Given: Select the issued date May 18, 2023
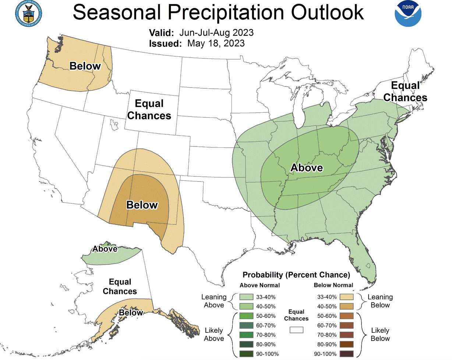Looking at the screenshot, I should click(x=216, y=43).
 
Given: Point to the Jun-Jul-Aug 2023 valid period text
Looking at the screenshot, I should click(x=217, y=32).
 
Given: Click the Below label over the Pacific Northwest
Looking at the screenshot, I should click(x=85, y=66).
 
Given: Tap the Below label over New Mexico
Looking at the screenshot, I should click(x=142, y=205).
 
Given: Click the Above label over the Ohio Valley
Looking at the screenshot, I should click(x=307, y=168).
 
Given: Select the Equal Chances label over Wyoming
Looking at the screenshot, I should click(x=149, y=109).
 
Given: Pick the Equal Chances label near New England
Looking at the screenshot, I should click(x=405, y=92).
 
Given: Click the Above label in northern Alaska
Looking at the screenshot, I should click(x=105, y=249).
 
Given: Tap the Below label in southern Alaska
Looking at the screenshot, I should click(x=131, y=313).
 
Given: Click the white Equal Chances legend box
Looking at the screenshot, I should click(x=296, y=330).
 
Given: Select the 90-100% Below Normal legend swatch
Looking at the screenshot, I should click(x=347, y=354).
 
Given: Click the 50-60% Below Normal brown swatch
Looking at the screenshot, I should click(x=347, y=316).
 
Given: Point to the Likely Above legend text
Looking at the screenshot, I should click(x=214, y=335).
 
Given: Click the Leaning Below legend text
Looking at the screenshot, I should click(x=380, y=301).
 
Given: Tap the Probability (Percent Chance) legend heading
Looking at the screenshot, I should click(x=296, y=275).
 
